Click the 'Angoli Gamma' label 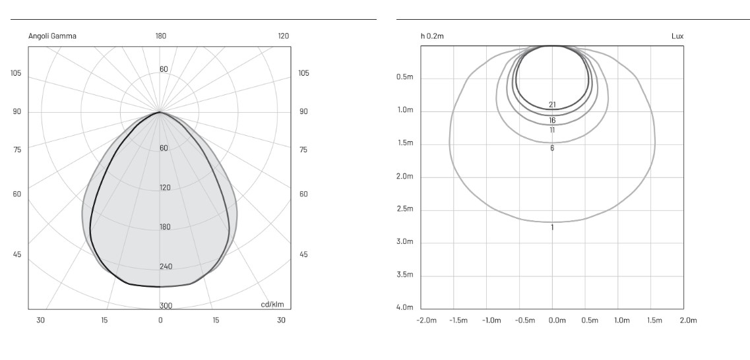tap(52, 36)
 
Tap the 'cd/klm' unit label tap(272, 305)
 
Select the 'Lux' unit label tap(677, 36)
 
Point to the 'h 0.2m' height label tap(432, 36)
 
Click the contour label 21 tap(553, 105)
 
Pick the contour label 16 tap(553, 121)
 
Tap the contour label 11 tap(553, 130)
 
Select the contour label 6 tap(552, 148)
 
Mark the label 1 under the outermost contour tap(552, 227)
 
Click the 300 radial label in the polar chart tap(166, 306)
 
